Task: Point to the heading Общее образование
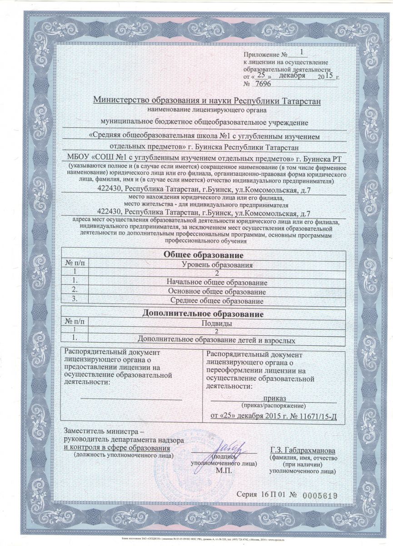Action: [x=203, y=255]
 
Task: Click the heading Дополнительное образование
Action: [x=203, y=314]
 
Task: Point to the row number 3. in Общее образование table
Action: [x=76, y=300]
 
